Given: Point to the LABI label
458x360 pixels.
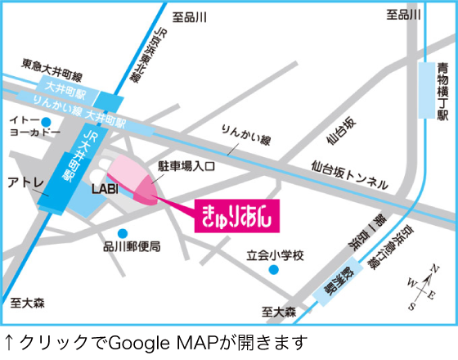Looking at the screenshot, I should click(105, 190).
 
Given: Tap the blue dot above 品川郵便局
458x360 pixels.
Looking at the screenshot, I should click(122, 232).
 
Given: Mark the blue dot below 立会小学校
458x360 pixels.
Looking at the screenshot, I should click(275, 269).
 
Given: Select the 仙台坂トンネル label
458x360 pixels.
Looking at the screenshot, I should click(348, 174).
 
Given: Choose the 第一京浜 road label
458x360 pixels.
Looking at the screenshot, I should click(358, 232).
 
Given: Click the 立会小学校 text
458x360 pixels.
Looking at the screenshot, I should click(275, 255).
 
